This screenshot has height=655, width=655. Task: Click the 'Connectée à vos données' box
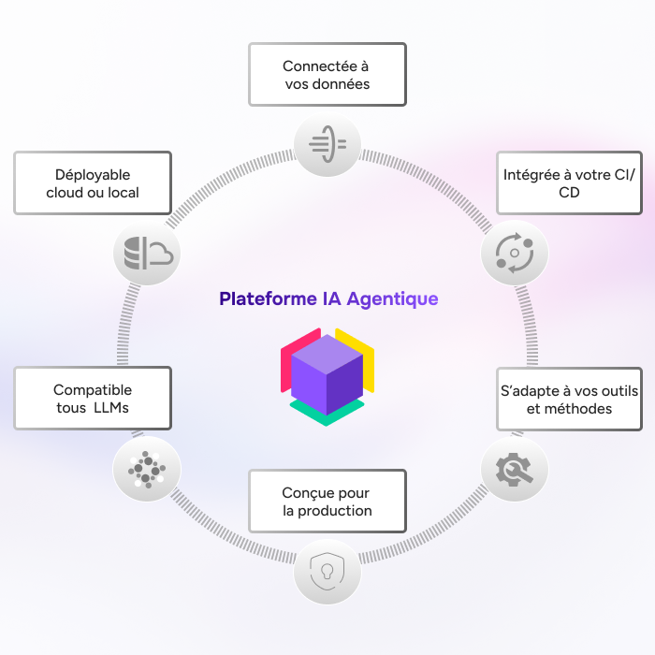pyautogui.click(x=327, y=75)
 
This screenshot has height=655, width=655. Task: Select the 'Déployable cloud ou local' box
pyautogui.click(x=93, y=183)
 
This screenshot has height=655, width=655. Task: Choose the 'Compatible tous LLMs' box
pyautogui.click(x=93, y=399)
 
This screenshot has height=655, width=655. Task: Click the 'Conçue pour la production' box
pyautogui.click(x=327, y=502)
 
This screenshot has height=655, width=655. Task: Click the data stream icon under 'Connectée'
pyautogui.click(x=327, y=144)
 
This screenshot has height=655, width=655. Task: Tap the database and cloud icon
pyautogui.click(x=146, y=253)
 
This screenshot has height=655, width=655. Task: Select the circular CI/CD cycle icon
pyautogui.click(x=514, y=254)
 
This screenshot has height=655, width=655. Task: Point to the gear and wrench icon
pyautogui.click(x=514, y=468)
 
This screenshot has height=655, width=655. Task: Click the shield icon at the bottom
pyautogui.click(x=327, y=570)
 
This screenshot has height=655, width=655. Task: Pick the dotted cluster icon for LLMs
pyautogui.click(x=146, y=468)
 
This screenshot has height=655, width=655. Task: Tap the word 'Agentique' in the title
pyautogui.click(x=392, y=299)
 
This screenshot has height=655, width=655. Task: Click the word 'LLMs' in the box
pyautogui.click(x=112, y=408)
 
